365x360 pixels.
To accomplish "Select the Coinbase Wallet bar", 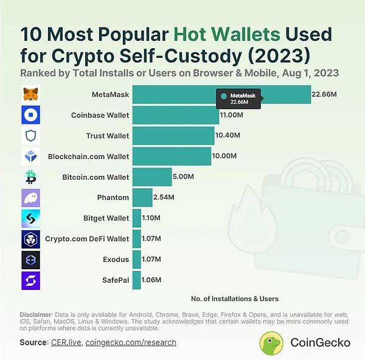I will point(175,115).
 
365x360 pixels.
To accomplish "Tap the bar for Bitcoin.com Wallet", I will point(151,177).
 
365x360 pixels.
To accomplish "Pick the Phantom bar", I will point(142,197).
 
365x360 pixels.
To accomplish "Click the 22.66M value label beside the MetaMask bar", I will point(324,94).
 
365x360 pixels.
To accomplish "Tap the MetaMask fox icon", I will point(30,94).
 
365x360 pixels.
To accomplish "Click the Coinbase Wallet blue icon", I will point(30,115).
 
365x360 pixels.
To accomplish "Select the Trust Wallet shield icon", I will point(30,135).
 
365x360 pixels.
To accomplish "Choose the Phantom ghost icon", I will point(30,197).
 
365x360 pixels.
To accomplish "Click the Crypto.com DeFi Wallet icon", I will point(30,239).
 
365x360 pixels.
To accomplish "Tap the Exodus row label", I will point(116,259).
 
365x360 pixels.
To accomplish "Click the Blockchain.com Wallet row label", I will point(88,157).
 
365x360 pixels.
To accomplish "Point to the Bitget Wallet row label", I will point(106,218).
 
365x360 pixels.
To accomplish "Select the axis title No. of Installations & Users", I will point(234,298).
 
